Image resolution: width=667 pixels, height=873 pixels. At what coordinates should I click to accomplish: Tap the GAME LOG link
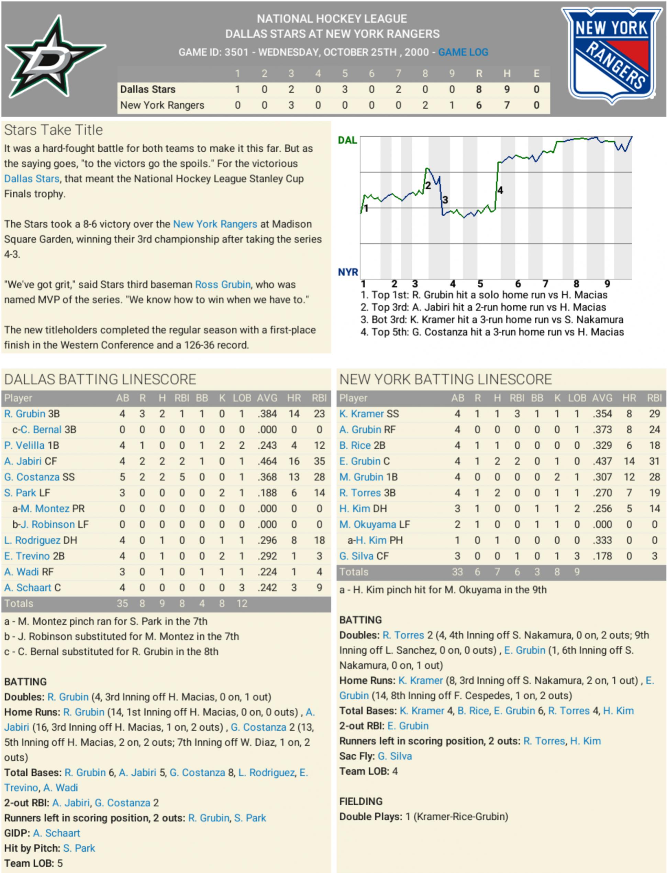pyautogui.click(x=463, y=52)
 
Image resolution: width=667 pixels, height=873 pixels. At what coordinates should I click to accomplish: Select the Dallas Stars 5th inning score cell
pyautogui.click(x=345, y=89)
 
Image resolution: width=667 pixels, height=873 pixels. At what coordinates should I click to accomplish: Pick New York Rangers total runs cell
pyautogui.click(x=479, y=105)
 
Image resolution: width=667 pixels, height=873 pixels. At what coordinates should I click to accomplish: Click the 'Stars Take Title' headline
pyautogui.click(x=53, y=130)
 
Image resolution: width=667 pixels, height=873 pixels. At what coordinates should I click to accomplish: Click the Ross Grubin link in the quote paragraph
pyautogui.click(x=222, y=284)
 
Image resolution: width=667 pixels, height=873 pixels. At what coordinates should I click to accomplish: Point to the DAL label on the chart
pyautogui.click(x=347, y=140)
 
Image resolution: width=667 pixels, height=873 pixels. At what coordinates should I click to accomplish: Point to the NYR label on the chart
pyautogui.click(x=348, y=272)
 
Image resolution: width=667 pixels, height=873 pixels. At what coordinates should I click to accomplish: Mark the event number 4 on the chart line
pyautogui.click(x=500, y=190)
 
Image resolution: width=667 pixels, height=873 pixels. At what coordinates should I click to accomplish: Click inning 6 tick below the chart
pyautogui.click(x=518, y=284)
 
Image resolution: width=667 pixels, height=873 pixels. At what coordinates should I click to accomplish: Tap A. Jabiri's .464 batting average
pyautogui.click(x=267, y=461)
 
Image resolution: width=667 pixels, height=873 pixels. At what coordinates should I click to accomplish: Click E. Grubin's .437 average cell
pyautogui.click(x=602, y=461)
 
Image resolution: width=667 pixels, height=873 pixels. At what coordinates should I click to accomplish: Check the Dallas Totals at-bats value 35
pyautogui.click(x=122, y=604)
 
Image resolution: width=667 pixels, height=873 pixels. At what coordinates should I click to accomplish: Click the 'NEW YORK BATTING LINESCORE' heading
pyautogui.click(x=445, y=379)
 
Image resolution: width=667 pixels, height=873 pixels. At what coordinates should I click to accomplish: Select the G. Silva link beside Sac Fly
pyautogui.click(x=394, y=756)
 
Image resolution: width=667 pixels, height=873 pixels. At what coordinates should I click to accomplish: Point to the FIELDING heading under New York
pyautogui.click(x=360, y=801)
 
